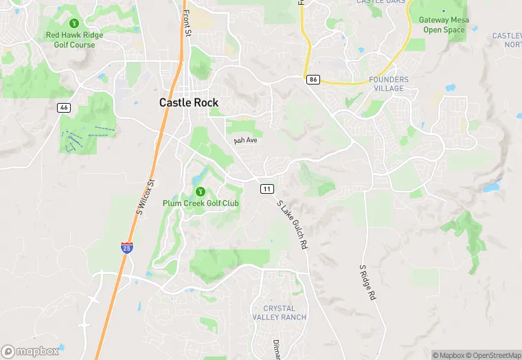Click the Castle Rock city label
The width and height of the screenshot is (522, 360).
[x=189, y=102]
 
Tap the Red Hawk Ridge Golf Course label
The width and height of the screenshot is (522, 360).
[x=74, y=39]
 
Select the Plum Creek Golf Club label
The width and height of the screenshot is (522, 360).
[x=201, y=203]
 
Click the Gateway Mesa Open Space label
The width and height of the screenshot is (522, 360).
[x=443, y=25]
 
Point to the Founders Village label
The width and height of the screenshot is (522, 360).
[x=388, y=84]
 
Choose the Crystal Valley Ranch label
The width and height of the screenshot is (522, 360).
[x=279, y=313]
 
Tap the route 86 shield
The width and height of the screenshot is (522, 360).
[x=313, y=80]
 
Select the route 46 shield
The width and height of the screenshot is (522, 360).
[x=63, y=108]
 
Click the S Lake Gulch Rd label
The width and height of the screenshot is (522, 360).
[x=291, y=224]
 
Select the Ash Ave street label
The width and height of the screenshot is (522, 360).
[x=245, y=140]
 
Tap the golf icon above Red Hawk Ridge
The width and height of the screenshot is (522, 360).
[x=74, y=23]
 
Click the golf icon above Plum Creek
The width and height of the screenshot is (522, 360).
[x=200, y=191]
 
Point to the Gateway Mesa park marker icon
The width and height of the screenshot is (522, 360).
[x=443, y=12]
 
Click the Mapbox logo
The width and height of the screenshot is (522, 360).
[x=30, y=351]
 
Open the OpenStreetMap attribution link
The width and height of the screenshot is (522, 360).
[x=495, y=355]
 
